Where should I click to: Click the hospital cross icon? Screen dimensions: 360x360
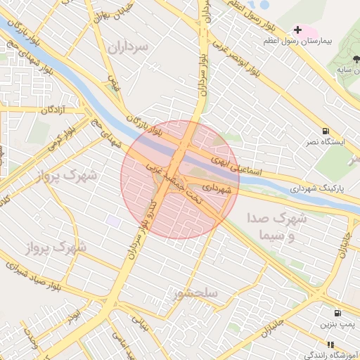pos(298,30)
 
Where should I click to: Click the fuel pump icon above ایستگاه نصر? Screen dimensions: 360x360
pos(326,131)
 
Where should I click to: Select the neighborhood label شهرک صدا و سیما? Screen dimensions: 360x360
pos(277,227)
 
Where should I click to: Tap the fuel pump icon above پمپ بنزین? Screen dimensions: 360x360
pos(338,313)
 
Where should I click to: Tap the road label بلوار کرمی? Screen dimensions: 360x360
pos(63,136)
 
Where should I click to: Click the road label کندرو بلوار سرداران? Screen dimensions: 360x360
pos(139,232)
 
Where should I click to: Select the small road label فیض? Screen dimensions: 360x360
pos(113,84)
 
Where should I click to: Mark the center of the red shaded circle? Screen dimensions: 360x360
pos(180,180)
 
